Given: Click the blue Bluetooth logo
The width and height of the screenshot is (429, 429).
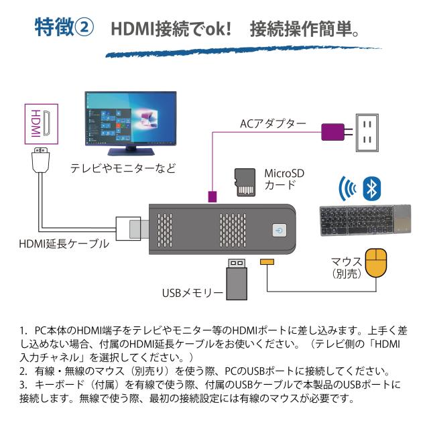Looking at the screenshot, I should tap(372, 188).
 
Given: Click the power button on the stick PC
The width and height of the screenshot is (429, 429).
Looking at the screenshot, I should tap(280, 229).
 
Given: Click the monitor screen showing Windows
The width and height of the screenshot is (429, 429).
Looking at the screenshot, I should tap(131, 121).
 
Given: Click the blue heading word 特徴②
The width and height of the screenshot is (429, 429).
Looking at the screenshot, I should tap(62, 28).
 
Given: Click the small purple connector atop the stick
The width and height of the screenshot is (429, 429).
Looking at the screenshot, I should tap(212, 196).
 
